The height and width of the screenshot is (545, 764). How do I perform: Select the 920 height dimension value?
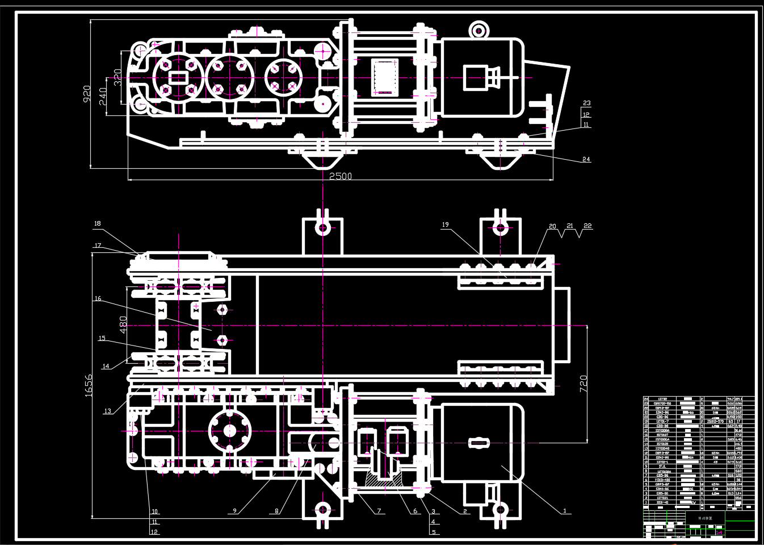tap(86, 94)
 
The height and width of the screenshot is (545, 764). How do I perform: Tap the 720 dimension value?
tap(583, 385)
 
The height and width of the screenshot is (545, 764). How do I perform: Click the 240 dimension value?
tap(103, 98)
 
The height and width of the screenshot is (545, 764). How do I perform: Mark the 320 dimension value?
tap(117, 77)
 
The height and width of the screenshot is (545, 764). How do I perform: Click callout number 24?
tap(586, 160)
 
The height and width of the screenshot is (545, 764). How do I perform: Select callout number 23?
tap(586, 103)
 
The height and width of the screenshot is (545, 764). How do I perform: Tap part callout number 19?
tap(445, 225)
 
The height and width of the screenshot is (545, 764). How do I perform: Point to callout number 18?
tap(97, 224)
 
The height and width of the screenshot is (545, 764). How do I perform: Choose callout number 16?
tap(97, 298)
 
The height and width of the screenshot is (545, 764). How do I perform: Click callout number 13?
tap(107, 411)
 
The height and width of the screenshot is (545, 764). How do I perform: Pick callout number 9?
tap(234, 510)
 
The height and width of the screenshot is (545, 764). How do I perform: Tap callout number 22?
tap(587, 226)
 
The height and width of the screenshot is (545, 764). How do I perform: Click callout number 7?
tap(379, 510)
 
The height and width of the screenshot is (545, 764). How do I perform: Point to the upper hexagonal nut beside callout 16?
tap(223, 310)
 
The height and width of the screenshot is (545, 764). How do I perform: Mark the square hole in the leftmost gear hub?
tap(177, 77)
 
